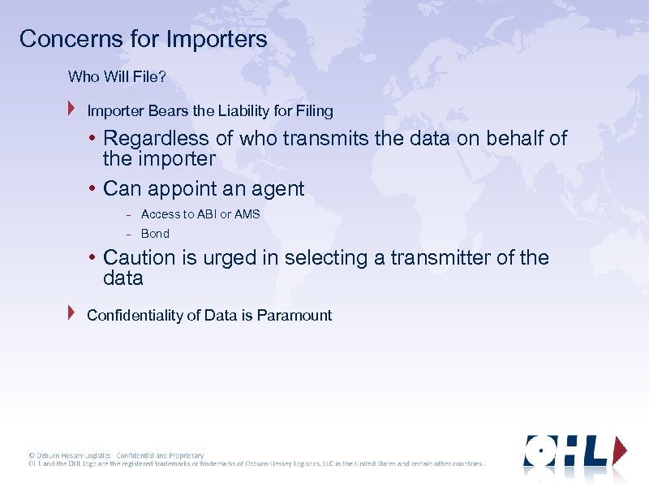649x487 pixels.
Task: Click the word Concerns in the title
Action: [x=59, y=39]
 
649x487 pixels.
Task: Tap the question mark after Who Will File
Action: [x=161, y=77]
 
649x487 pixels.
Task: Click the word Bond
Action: [x=155, y=234]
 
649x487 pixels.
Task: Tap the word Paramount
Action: [x=294, y=316]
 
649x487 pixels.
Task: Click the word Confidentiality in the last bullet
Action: [x=135, y=316]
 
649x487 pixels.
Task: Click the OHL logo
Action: [x=575, y=450]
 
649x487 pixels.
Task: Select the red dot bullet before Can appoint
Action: [x=93, y=189]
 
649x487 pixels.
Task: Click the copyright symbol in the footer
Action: [x=32, y=455]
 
